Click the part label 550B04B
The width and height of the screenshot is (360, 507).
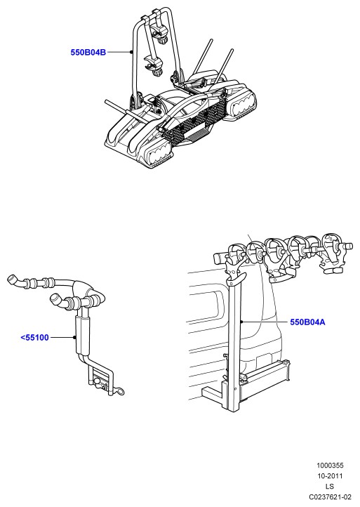pyautogui.click(x=88, y=52)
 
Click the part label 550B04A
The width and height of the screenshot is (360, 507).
pyautogui.click(x=307, y=322)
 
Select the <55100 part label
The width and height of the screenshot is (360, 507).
pyautogui.click(x=35, y=338)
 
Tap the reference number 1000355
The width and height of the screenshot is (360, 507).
pyautogui.click(x=330, y=466)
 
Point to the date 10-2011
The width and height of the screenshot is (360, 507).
pyautogui.click(x=330, y=476)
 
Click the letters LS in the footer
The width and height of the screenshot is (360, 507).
pyautogui.click(x=330, y=487)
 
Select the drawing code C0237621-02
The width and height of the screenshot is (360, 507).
pyautogui.click(x=330, y=496)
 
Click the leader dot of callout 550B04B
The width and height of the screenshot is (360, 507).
pyautogui.click(x=131, y=52)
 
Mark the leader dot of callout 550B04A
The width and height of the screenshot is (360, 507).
pyautogui.click(x=241, y=322)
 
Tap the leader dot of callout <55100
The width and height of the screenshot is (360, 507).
pyautogui.click(x=74, y=338)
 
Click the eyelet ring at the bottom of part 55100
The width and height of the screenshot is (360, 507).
pyautogui.click(x=120, y=393)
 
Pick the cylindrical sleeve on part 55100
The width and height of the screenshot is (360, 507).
pyautogui.click(x=81, y=336)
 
